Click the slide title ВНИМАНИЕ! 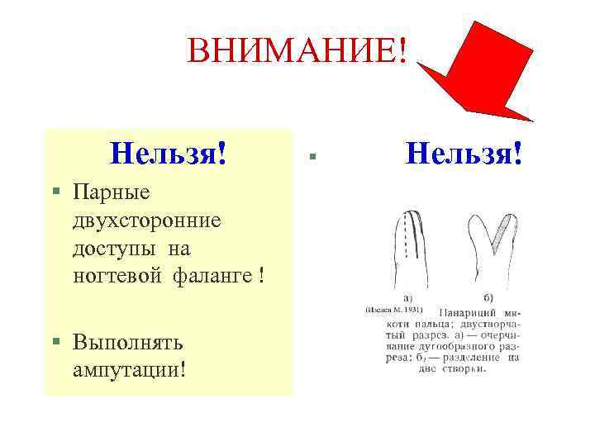click(x=297, y=51)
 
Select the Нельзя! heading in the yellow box click(x=169, y=152)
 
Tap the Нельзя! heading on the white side click(x=465, y=152)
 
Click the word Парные click(x=111, y=192)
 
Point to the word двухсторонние click(x=146, y=221)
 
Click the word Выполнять click(x=127, y=341)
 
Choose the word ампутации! click(x=128, y=368)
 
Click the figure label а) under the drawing click(x=408, y=297)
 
